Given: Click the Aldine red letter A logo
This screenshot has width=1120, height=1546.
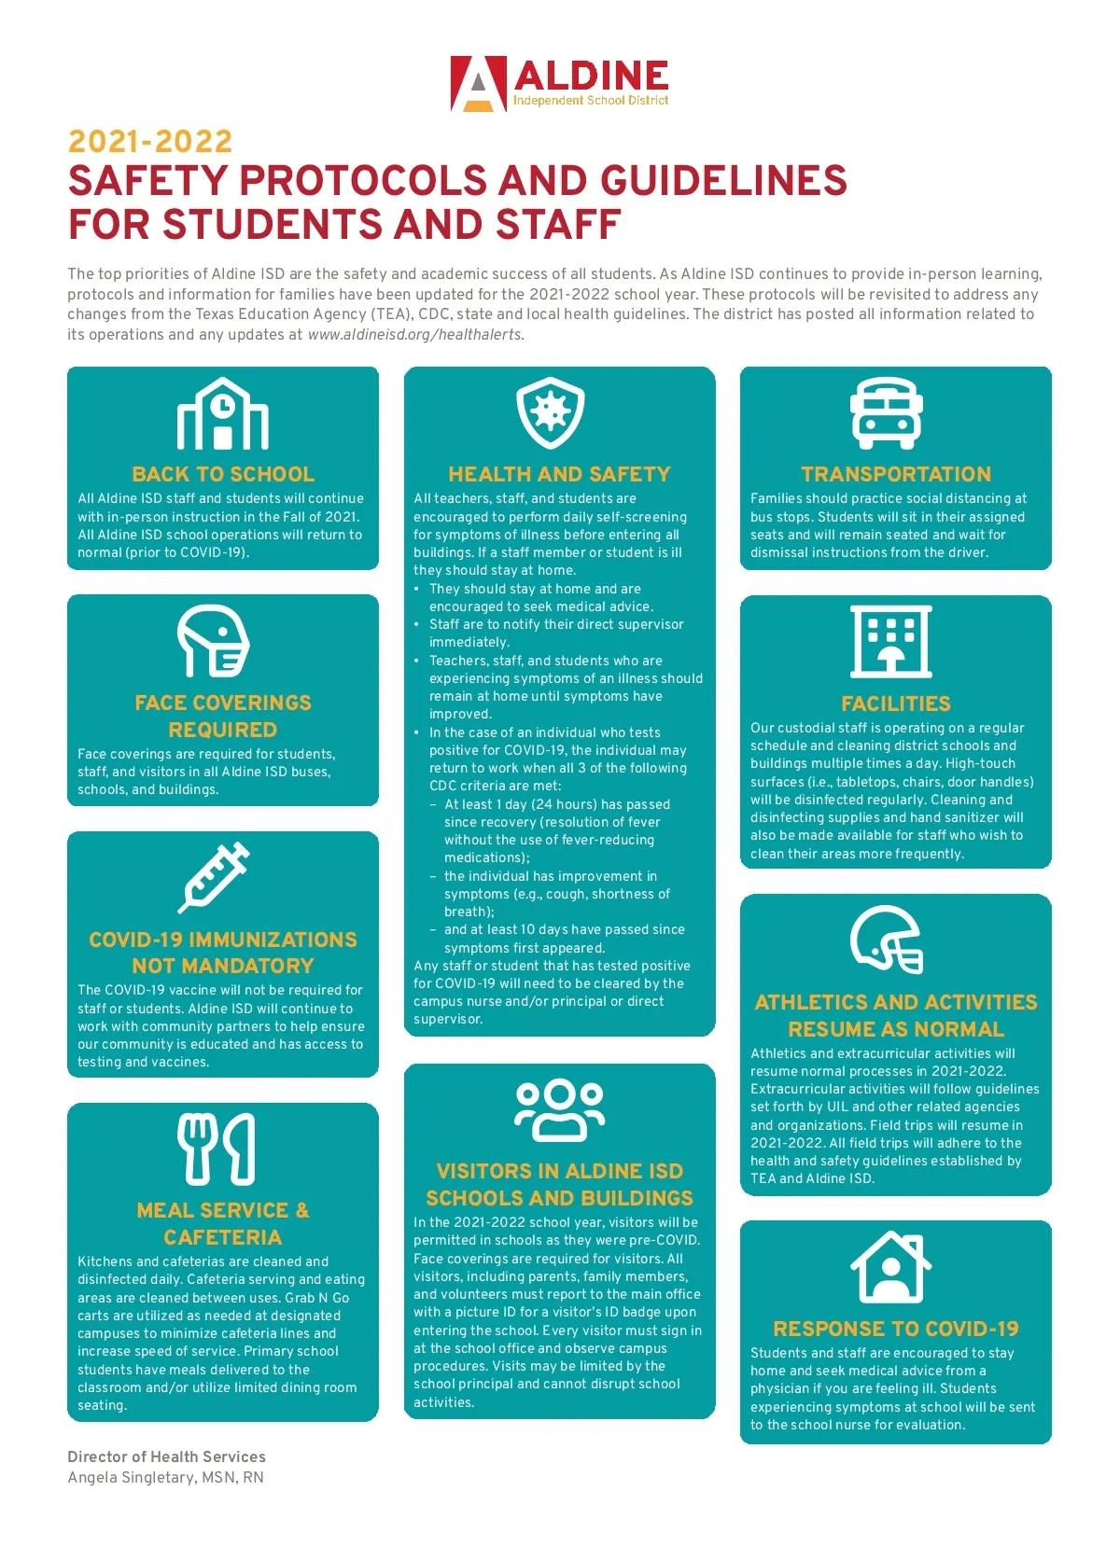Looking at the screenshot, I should (479, 84).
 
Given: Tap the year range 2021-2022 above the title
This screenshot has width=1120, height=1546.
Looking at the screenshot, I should (150, 142).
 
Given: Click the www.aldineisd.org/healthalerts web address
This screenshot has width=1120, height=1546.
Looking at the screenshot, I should (415, 335).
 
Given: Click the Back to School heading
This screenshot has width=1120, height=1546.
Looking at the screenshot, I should (223, 474).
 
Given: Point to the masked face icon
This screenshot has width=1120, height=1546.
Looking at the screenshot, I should (214, 641).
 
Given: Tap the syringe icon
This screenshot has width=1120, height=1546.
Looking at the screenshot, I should (215, 877).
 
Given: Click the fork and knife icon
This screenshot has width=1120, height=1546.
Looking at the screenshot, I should (217, 1149).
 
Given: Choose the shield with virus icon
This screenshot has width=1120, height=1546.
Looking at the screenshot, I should (551, 413).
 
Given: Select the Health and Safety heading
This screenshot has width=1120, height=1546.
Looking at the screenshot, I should (559, 474).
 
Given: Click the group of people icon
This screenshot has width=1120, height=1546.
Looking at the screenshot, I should (559, 1110).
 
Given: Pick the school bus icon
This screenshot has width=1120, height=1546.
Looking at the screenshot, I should (886, 413).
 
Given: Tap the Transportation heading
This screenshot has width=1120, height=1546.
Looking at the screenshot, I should (896, 474).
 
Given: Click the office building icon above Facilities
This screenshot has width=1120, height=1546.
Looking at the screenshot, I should (890, 641).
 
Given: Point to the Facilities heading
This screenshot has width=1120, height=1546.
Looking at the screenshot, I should (896, 703).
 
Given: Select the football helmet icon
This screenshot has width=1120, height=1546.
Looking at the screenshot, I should (887, 940).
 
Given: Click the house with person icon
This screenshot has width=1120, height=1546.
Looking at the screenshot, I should (890, 1267).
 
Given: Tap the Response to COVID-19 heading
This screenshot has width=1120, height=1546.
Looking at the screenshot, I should (896, 1329).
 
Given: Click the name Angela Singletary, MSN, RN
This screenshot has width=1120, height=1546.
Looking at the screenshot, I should (165, 1478).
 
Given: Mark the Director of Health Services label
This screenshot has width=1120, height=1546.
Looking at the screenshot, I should (166, 1456).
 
